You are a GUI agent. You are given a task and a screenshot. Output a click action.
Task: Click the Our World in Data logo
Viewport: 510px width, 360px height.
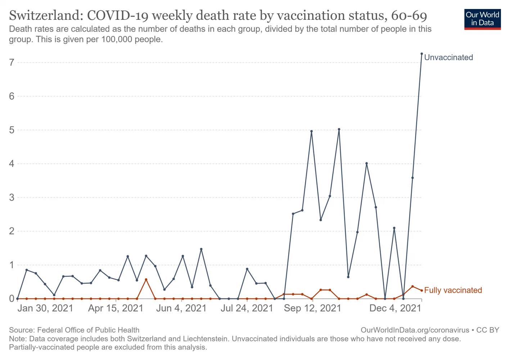pyautogui.click(x=482, y=19)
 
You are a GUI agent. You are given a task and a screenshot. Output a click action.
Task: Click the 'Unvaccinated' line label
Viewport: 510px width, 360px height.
pyautogui.click(x=448, y=58)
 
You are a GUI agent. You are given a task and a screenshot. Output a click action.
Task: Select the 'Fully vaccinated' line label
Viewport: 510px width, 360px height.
pyautogui.click(x=453, y=291)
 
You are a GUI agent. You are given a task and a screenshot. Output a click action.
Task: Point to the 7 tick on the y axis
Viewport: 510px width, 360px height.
pyautogui.click(x=12, y=63)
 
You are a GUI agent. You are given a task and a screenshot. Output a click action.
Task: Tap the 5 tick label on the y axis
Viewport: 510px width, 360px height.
pyautogui.click(x=12, y=130)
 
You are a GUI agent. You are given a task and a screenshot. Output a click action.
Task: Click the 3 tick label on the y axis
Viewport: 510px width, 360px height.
pyautogui.click(x=12, y=198)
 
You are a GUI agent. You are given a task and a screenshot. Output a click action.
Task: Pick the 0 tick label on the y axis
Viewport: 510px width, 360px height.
pyautogui.click(x=12, y=299)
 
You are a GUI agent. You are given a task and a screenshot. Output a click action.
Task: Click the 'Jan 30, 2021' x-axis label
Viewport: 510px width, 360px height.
pyautogui.click(x=45, y=309)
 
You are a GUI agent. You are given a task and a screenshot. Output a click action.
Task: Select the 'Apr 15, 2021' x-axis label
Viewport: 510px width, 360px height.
pyautogui.click(x=116, y=309)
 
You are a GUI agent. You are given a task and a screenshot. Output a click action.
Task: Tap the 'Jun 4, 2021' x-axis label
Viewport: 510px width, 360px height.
pyautogui.click(x=181, y=309)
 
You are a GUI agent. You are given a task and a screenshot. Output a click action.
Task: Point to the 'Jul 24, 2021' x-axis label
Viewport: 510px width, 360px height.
pyautogui.click(x=247, y=309)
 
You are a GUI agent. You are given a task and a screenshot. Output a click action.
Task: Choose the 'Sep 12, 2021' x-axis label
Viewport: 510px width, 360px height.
pyautogui.click(x=312, y=309)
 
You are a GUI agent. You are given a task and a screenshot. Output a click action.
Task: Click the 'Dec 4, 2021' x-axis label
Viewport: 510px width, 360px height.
pyautogui.click(x=395, y=309)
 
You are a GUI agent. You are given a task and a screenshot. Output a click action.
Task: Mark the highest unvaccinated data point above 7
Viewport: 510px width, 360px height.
pyautogui.click(x=421, y=54)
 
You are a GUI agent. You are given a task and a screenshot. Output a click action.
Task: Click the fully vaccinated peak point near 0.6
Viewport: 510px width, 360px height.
pyautogui.click(x=146, y=279)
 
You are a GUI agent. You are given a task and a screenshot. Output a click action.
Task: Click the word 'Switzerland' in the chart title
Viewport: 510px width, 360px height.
pyautogui.click(x=46, y=16)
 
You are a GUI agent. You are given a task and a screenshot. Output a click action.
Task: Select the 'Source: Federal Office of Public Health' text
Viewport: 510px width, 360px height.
pyautogui.click(x=74, y=330)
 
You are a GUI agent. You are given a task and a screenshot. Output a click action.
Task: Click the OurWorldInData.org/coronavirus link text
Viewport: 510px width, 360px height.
pyautogui.click(x=415, y=330)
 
